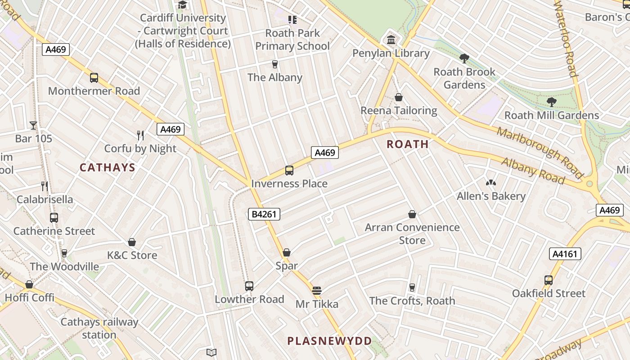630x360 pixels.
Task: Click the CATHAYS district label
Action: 107,168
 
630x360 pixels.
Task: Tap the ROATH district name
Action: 408,144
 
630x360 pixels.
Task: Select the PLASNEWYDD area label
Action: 330,341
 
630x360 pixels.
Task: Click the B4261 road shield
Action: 264,215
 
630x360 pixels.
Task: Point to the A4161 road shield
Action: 565,254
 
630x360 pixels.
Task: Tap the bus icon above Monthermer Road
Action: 94,78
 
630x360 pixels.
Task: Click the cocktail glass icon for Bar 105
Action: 33,126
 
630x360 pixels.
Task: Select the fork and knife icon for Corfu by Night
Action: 140,135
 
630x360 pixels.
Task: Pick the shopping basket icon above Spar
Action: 287,253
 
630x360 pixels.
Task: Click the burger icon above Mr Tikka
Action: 317,291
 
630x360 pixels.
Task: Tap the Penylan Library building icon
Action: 391,40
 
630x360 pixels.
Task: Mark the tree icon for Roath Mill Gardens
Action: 552,102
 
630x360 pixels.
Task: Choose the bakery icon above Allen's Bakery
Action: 490,183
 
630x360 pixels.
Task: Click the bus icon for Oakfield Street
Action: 549,280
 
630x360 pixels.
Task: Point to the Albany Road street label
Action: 533,171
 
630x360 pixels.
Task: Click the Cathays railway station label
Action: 99,328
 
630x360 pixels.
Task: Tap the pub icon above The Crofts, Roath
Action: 412,288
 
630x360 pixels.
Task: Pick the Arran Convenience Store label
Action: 412,234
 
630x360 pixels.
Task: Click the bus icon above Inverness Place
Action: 289,171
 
